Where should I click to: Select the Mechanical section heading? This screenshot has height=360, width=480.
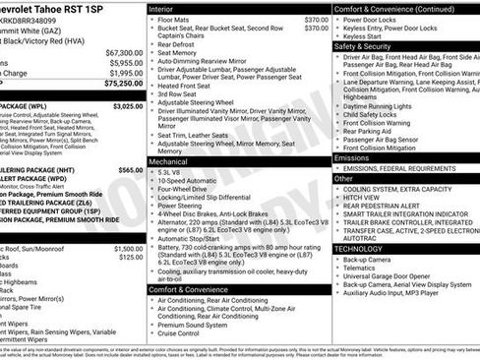[169, 159]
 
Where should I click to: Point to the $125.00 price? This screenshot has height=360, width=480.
[131, 258]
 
